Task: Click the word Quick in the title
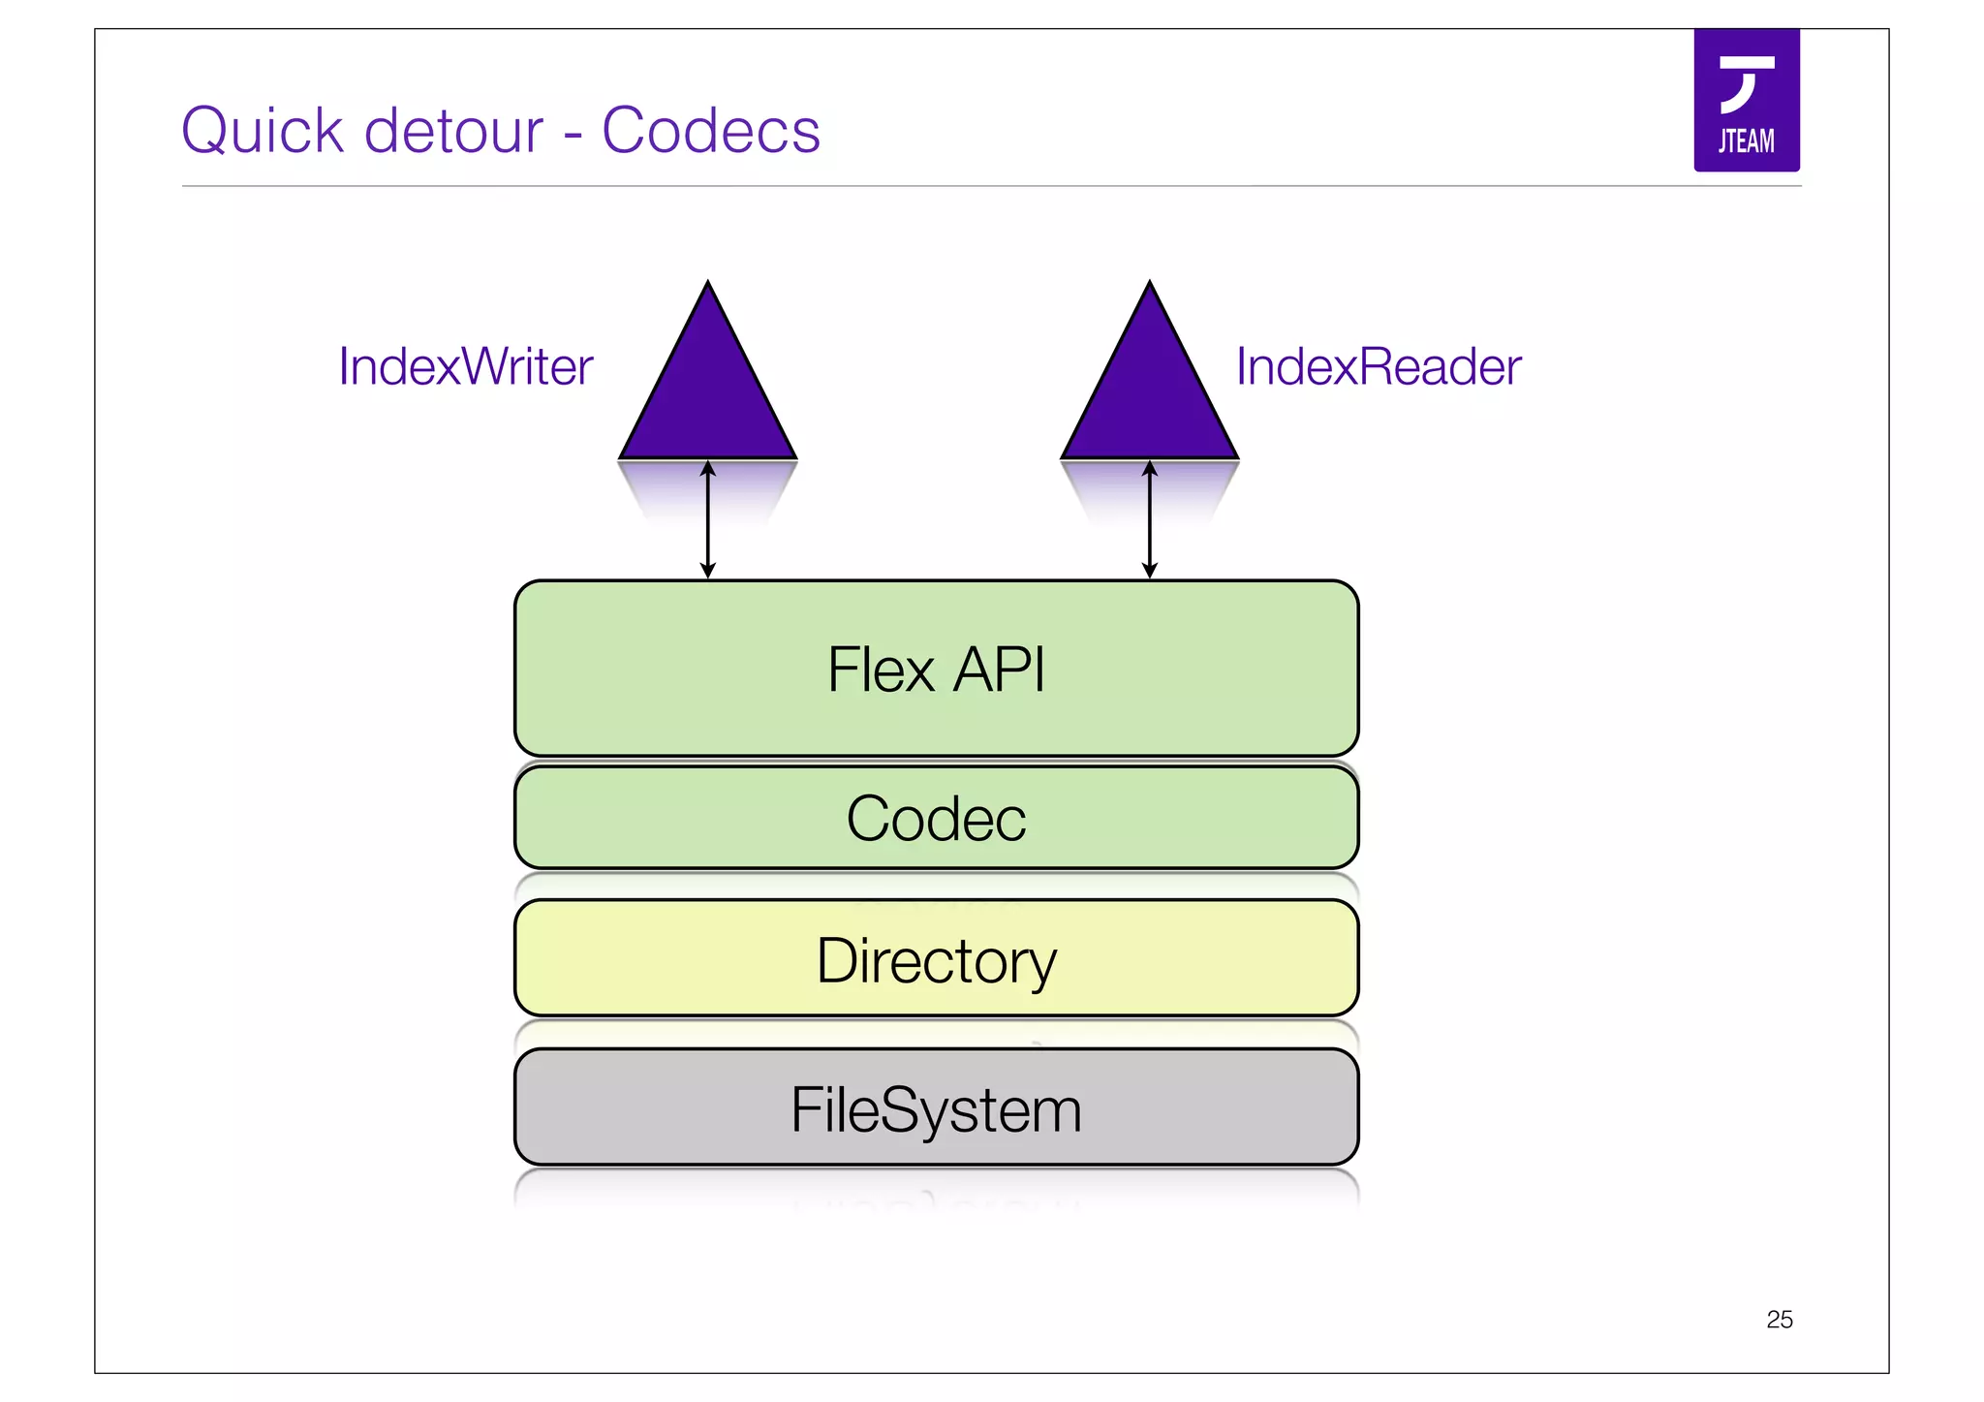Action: pyautogui.click(x=262, y=131)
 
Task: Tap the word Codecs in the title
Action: pyautogui.click(x=710, y=131)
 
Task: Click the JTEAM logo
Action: pyautogui.click(x=1746, y=101)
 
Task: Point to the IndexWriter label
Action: pyautogui.click(x=465, y=367)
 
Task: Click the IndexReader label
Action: pyautogui.click(x=1378, y=367)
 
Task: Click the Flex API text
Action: pyautogui.click(x=936, y=670)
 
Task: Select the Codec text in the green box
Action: pyautogui.click(x=936, y=819)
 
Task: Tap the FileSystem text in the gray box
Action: pyautogui.click(x=936, y=1109)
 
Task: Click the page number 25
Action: pyautogui.click(x=1779, y=1320)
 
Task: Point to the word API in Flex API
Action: pyautogui.click(x=998, y=670)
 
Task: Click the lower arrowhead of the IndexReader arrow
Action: pyautogui.click(x=1150, y=572)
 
